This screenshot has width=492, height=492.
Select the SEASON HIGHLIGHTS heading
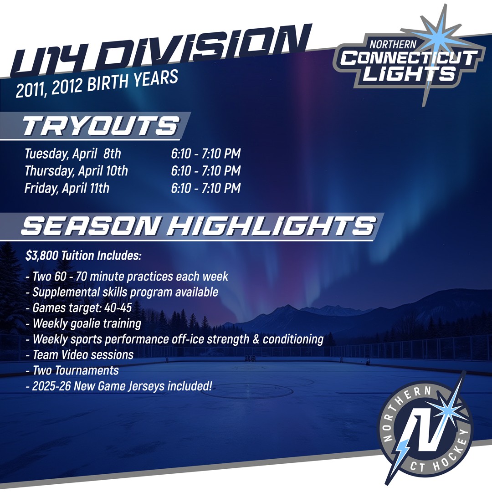[x=198, y=225]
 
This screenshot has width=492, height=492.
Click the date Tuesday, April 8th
[x=73, y=154]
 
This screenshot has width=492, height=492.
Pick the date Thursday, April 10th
[x=76, y=171]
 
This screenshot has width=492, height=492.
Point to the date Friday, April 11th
[x=67, y=188]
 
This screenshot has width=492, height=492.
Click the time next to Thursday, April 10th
[x=206, y=171]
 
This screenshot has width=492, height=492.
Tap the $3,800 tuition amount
[x=42, y=256]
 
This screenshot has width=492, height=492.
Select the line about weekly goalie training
[x=83, y=323]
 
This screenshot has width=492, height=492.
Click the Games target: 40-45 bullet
[x=79, y=308]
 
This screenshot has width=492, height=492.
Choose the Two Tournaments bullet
[x=72, y=370]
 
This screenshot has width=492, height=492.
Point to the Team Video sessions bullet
[x=80, y=355]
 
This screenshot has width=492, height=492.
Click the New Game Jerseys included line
[x=119, y=386]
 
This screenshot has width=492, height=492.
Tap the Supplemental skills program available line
[x=122, y=292]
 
